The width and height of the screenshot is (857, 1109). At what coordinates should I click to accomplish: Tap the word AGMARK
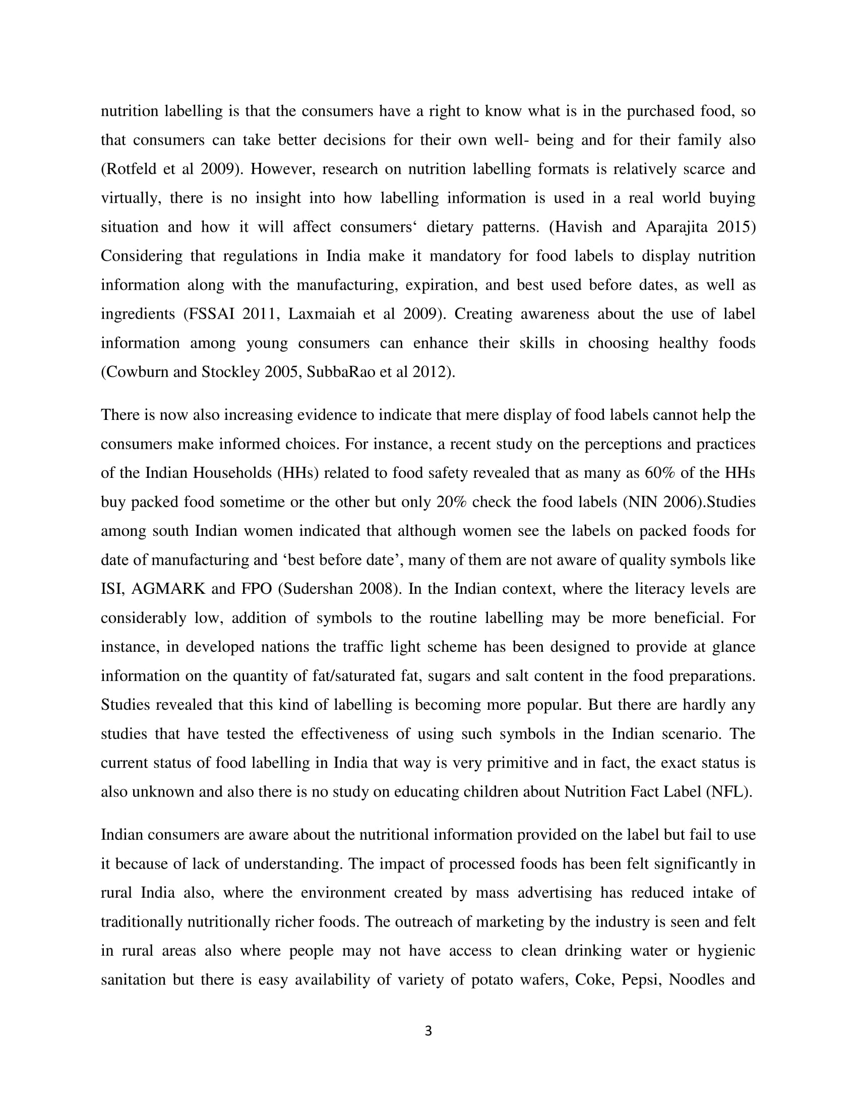168,589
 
